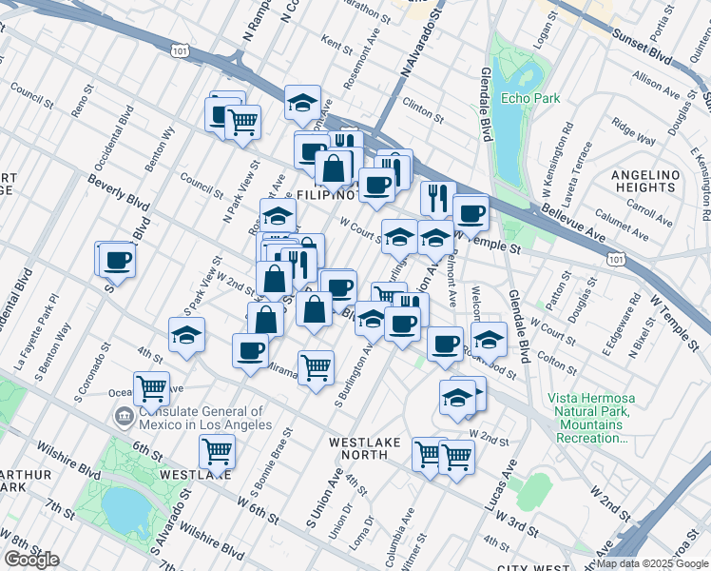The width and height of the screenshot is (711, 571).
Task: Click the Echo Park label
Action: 531,98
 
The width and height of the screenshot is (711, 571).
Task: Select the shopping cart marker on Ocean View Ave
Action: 151,388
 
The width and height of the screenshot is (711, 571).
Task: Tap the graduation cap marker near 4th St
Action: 187,335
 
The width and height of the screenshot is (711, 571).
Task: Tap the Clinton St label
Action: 423,105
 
